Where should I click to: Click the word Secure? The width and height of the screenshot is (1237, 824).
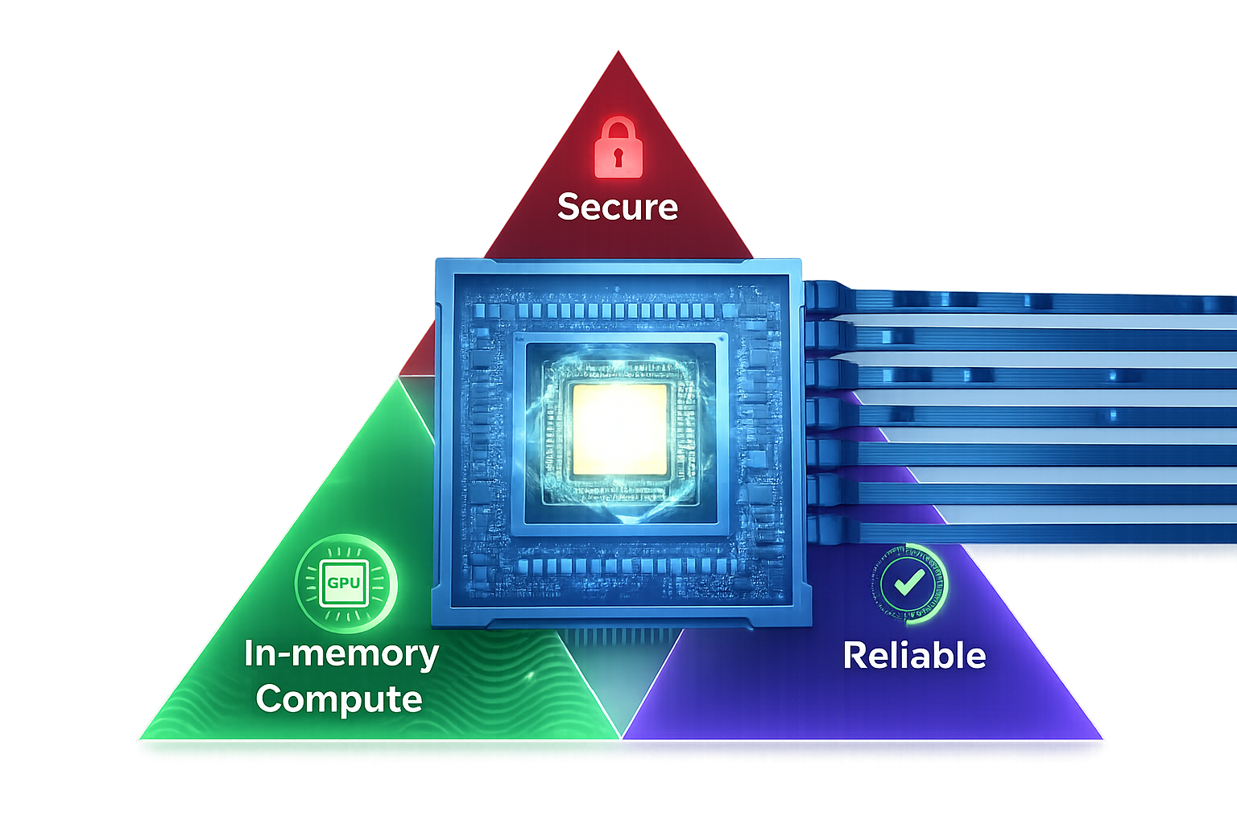coord(618,207)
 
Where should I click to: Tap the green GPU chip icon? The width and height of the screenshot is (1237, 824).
coord(345,582)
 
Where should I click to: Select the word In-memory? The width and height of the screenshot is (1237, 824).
coord(341,653)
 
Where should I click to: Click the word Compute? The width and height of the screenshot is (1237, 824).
coord(339,698)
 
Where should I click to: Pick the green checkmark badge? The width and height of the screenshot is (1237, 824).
coord(909,583)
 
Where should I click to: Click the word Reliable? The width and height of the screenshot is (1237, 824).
coord(914,656)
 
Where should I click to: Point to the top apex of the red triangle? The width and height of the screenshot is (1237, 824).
coord(618,53)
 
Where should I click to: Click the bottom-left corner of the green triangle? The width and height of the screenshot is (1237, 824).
coord(139,739)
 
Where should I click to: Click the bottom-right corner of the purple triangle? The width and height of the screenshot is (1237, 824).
coord(1103,738)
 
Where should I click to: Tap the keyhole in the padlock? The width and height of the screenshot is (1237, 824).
coord(618,156)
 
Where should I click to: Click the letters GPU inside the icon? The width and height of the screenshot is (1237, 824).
coord(344,583)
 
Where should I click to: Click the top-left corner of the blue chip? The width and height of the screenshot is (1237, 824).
coord(437,262)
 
